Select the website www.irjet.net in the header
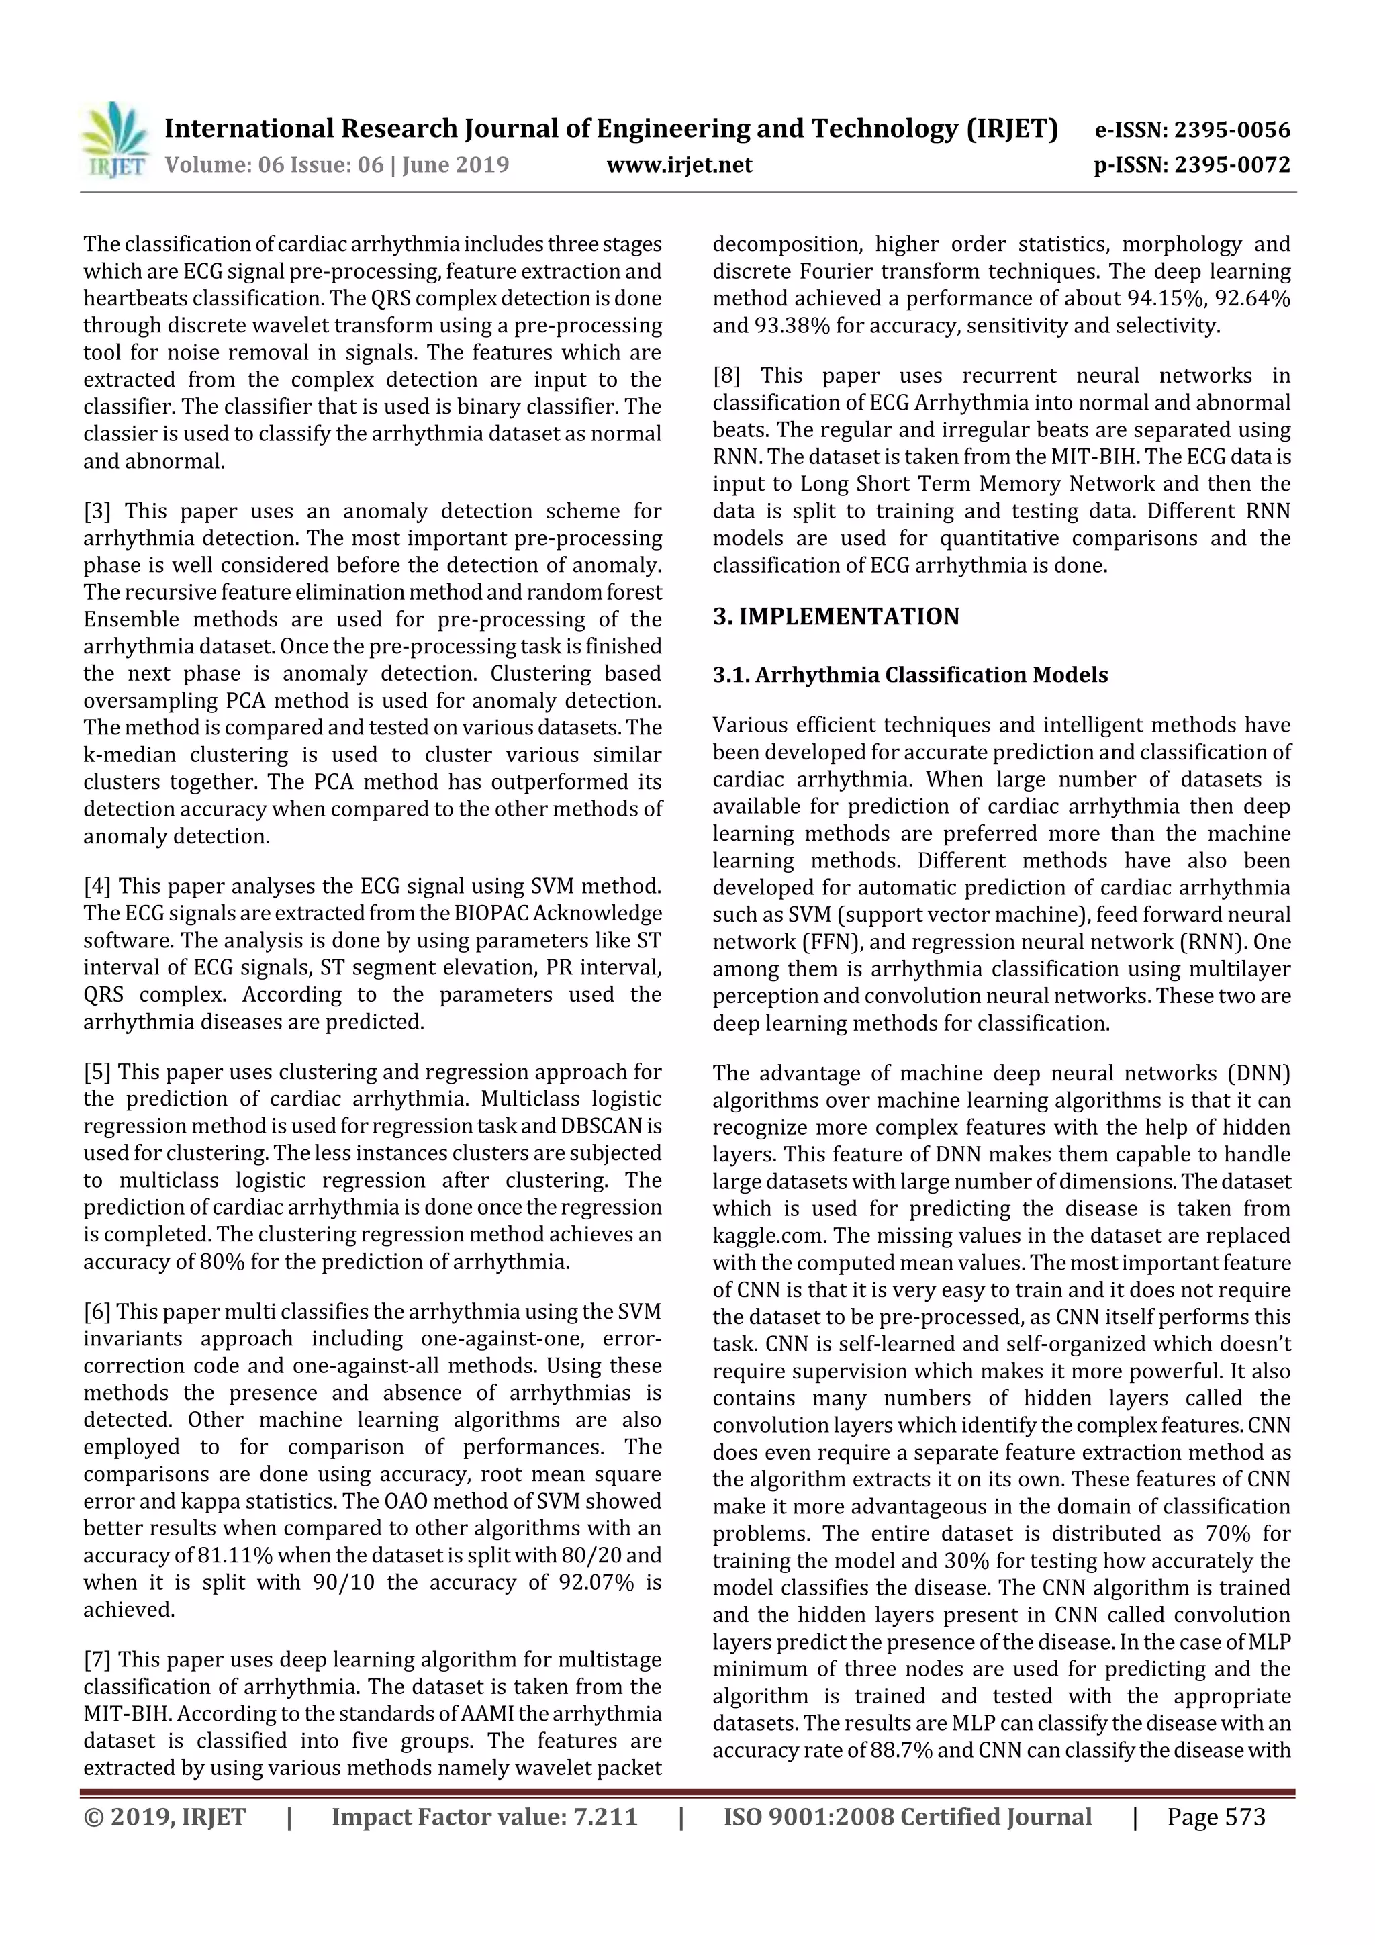click(x=679, y=165)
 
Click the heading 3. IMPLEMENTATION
click(x=835, y=617)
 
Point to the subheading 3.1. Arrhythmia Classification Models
click(x=910, y=675)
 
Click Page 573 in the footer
click(x=1216, y=1817)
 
